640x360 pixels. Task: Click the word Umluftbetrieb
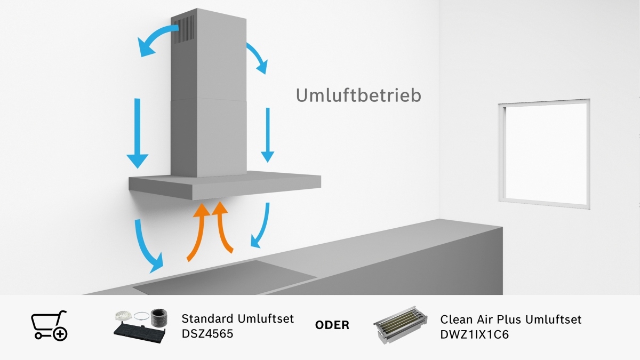point(359,95)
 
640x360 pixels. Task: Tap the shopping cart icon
point(49,325)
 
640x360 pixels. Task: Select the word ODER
point(332,325)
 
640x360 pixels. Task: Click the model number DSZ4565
point(207,332)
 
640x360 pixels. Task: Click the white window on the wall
point(545,153)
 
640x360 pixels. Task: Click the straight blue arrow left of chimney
point(137,133)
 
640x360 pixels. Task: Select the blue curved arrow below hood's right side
point(262,226)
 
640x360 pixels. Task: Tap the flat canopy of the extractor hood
point(224,184)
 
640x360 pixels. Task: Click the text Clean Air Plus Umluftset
point(510,319)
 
